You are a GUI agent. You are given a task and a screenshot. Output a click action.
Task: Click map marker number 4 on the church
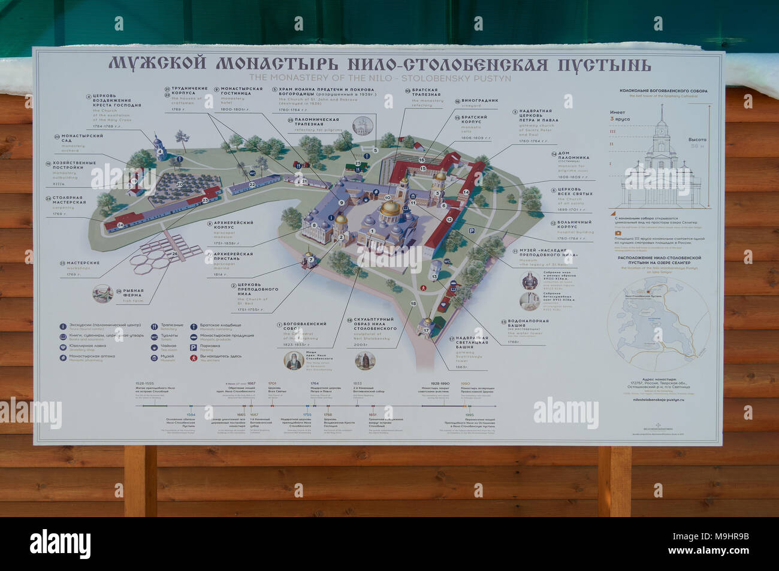[x=160, y=151]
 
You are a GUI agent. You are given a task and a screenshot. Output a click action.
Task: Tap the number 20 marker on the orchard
[x=180, y=184]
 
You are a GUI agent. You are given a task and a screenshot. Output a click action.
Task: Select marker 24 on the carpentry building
[x=120, y=225]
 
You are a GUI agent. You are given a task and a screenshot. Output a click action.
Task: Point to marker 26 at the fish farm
[x=174, y=253]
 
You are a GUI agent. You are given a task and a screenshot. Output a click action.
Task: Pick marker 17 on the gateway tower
[x=427, y=330]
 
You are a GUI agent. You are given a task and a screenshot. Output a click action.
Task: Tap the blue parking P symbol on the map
[x=472, y=231]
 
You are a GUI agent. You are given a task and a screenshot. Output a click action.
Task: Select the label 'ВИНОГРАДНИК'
[x=480, y=101]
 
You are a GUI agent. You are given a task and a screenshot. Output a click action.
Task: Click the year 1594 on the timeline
[x=191, y=414]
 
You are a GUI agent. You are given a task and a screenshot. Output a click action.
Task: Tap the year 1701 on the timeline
[x=272, y=384]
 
